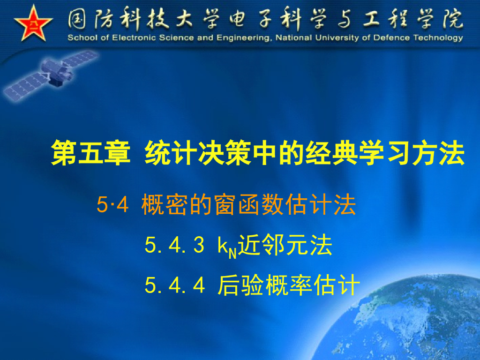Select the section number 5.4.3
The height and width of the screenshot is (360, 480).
click(x=174, y=246)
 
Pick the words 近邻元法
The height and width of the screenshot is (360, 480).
click(x=285, y=246)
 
